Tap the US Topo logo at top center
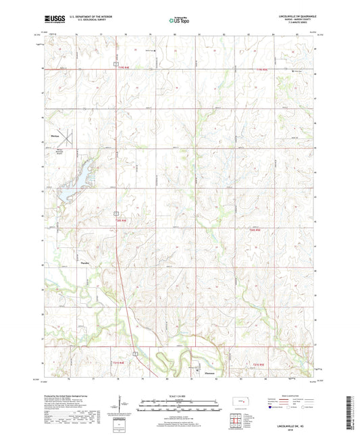pyautogui.click(x=179, y=22)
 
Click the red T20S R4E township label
pyautogui.click(x=122, y=220)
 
